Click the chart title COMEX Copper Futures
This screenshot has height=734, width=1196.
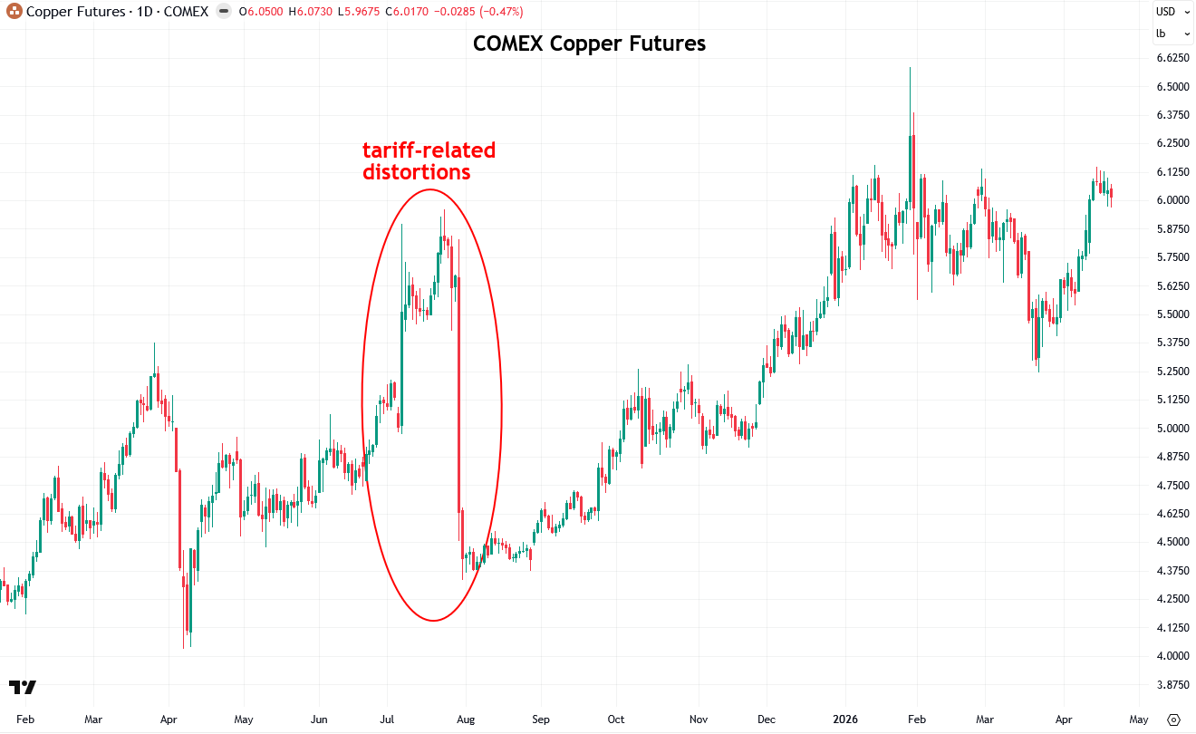[589, 43]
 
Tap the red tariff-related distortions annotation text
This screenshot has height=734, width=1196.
[429, 161]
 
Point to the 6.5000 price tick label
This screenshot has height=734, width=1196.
[1172, 86]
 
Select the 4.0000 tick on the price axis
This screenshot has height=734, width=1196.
[1172, 656]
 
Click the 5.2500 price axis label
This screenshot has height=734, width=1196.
[1172, 371]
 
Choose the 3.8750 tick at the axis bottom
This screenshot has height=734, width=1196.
[1172, 685]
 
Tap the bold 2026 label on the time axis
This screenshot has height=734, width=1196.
[845, 720]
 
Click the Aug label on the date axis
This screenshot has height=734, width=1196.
[466, 720]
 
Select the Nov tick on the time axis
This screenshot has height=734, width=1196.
[699, 720]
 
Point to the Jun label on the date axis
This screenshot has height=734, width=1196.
[319, 720]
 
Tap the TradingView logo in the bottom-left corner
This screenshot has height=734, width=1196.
[23, 687]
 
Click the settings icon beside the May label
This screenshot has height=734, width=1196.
[1173, 720]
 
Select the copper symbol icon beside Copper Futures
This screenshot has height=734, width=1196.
[14, 11]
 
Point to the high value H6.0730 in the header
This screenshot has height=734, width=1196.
[310, 12]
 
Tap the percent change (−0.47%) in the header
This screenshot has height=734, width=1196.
[501, 12]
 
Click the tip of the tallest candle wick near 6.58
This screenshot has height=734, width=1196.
[910, 68]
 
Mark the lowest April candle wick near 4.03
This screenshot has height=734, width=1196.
[184, 648]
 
